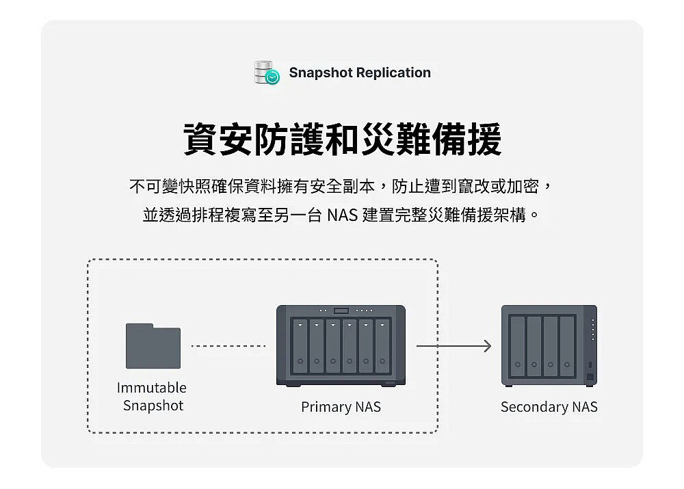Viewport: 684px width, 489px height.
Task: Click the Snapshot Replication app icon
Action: [x=266, y=72]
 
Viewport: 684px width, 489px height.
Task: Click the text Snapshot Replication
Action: [x=360, y=72]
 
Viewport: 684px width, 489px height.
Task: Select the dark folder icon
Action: [x=153, y=346]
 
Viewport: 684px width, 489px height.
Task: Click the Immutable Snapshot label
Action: [x=152, y=397]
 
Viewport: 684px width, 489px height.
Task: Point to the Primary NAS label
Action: [x=341, y=407]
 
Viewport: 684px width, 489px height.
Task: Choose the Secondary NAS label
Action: [x=549, y=407]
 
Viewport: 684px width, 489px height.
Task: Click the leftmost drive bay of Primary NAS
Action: [x=300, y=346]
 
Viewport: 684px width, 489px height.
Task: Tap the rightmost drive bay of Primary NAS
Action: [x=382, y=346]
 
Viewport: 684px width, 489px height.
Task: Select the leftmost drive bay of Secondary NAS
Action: [x=518, y=346]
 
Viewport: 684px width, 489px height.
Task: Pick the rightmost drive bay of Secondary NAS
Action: [x=567, y=346]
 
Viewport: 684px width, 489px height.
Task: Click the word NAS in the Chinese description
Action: [x=342, y=216]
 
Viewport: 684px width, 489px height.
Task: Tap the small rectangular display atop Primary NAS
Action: [x=341, y=311]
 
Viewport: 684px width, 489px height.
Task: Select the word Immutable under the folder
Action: [x=152, y=388]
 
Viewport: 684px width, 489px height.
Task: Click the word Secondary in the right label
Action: [x=534, y=407]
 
